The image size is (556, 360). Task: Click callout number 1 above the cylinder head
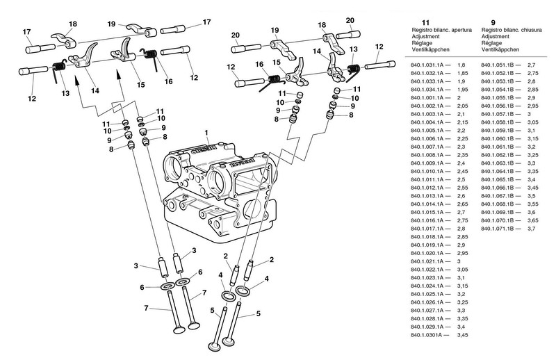(x=206, y=132)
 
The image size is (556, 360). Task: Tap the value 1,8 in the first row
(x=460, y=65)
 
